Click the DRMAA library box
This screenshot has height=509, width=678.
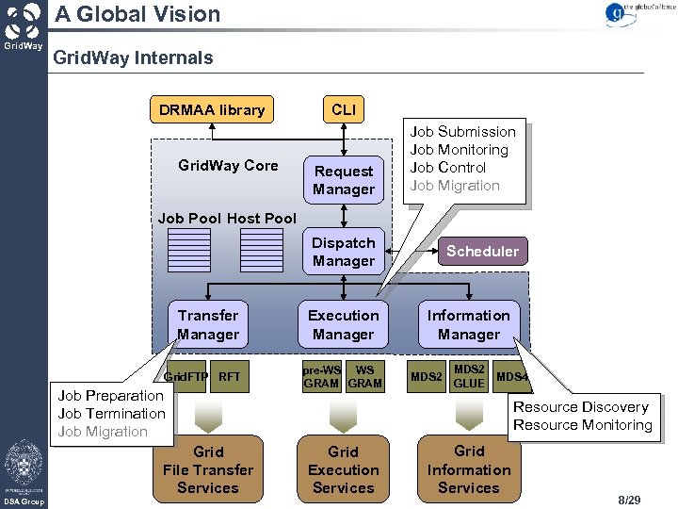click(212, 109)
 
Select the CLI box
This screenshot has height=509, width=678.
click(344, 109)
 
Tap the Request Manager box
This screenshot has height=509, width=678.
click(344, 180)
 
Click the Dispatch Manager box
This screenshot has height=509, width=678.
click(344, 252)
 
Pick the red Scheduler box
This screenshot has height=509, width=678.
click(482, 251)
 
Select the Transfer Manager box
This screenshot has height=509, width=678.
click(208, 324)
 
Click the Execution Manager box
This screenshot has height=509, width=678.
click(344, 324)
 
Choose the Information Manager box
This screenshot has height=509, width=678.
click(468, 324)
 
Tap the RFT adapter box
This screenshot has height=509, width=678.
click(230, 377)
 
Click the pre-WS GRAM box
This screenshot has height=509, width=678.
click(321, 377)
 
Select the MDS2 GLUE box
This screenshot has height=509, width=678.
click(468, 377)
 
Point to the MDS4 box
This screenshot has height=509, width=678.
click(512, 377)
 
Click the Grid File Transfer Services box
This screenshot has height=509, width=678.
click(208, 469)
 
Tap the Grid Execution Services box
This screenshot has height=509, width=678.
click(344, 469)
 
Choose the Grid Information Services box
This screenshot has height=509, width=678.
click(468, 469)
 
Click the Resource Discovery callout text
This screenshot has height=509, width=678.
click(581, 407)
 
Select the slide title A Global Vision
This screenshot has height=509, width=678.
click(137, 14)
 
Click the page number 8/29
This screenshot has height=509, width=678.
click(629, 499)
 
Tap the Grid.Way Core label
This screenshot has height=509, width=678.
click(228, 166)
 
